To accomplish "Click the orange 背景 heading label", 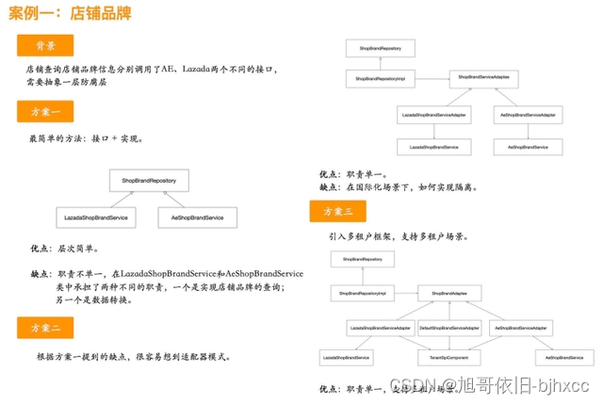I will [x=45, y=45].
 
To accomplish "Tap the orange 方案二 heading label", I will [x=45, y=329].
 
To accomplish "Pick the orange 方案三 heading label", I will [x=337, y=212].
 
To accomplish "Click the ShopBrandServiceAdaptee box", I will [x=483, y=77].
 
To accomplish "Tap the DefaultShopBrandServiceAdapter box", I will [x=448, y=329].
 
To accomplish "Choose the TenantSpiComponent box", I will [x=448, y=359].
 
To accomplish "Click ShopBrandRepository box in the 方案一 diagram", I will [x=149, y=180].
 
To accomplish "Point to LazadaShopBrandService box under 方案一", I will [x=96, y=218].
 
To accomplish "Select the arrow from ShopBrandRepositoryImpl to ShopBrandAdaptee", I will [x=400, y=294].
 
